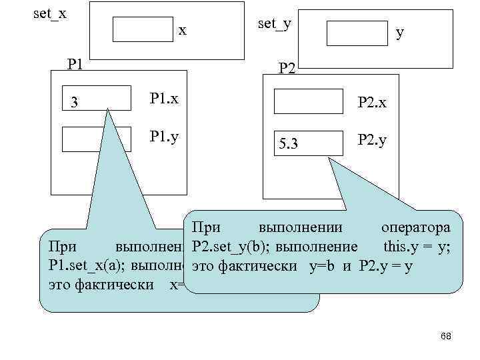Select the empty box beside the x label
[x=143, y=29]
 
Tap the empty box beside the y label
[x=357, y=32]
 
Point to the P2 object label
[x=289, y=67]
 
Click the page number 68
[x=446, y=337]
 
